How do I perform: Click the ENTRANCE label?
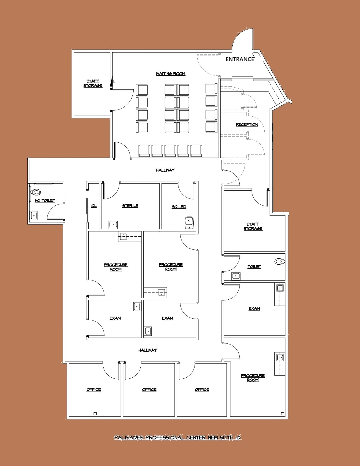[x=240, y=59]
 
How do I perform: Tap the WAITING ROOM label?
[x=171, y=74]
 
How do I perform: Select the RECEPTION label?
[x=247, y=124]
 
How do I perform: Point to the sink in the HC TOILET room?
[x=34, y=215]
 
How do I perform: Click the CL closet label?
[x=94, y=206]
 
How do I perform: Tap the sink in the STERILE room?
[x=113, y=225]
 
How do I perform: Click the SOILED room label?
[x=179, y=207]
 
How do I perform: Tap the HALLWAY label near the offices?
[x=147, y=350]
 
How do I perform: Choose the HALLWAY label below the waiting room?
[x=165, y=170]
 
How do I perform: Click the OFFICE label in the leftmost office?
[x=93, y=389]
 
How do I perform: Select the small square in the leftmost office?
[x=95, y=414]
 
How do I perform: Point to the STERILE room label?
[x=130, y=206]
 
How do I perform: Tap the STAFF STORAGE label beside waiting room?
[x=93, y=83]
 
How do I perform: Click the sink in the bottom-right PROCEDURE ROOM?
[x=280, y=357]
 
